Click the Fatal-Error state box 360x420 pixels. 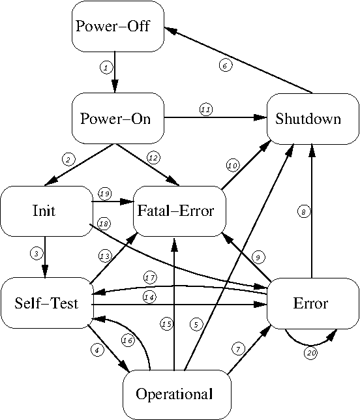pos(177,211)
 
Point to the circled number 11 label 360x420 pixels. pos(206,110)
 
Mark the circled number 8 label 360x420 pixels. pos(303,211)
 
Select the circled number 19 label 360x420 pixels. pos(104,194)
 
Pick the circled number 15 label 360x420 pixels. pos(167,323)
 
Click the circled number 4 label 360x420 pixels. pos(97,349)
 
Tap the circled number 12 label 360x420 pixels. pos(153,157)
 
